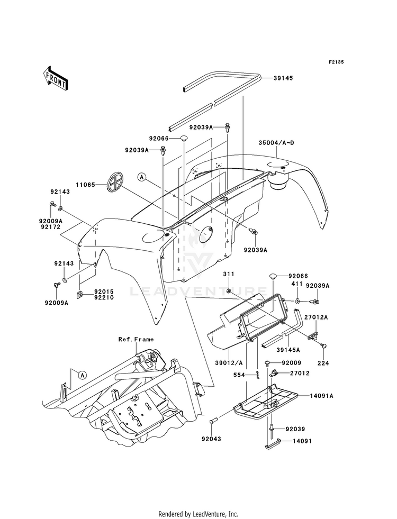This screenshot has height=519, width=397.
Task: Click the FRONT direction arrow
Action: [55, 78]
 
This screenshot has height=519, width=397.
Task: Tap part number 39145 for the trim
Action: [283, 78]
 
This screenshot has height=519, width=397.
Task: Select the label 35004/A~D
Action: [276, 143]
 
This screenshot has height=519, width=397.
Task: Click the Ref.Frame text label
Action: [136, 339]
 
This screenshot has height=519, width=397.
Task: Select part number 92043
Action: [211, 439]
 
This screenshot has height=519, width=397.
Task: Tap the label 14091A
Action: [321, 396]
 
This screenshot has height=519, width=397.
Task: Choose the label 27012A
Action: [317, 317]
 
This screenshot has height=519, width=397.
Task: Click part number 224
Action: [323, 363]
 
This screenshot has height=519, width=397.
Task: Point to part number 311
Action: [229, 274]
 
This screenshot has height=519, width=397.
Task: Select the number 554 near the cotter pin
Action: [239, 375]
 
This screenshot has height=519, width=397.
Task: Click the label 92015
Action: [104, 292]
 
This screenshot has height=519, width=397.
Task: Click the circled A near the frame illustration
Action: [82, 375]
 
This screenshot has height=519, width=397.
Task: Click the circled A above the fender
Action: [142, 177]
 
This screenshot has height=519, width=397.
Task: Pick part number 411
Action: [297, 284]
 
